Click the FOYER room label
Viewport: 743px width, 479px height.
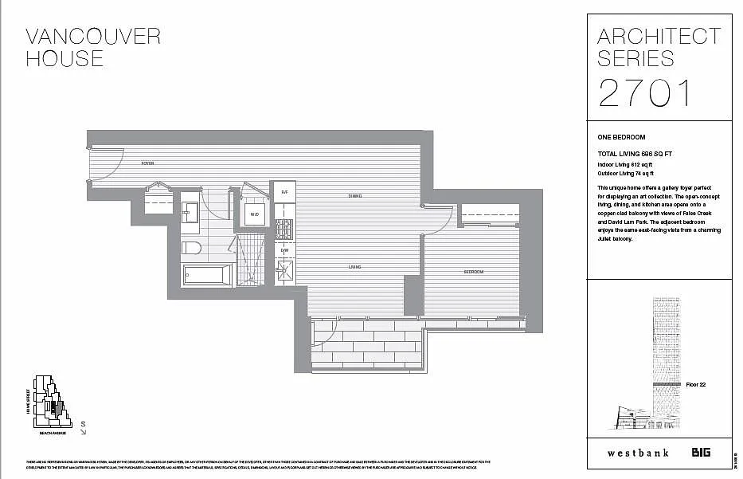(x=147, y=163)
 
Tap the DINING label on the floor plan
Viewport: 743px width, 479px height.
(x=355, y=196)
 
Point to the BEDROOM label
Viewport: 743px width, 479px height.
(x=475, y=273)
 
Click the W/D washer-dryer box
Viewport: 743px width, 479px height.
(x=255, y=214)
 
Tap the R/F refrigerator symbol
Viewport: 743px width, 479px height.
(x=284, y=192)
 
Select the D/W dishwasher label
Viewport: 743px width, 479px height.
(x=284, y=250)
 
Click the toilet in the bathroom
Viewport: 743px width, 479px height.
(x=191, y=247)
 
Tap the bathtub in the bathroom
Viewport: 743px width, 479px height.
(x=207, y=275)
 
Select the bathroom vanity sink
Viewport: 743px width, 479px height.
(x=191, y=213)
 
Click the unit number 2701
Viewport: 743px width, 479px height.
(x=645, y=93)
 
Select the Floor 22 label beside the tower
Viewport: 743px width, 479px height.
(x=695, y=385)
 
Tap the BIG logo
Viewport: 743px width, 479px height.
(x=701, y=452)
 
